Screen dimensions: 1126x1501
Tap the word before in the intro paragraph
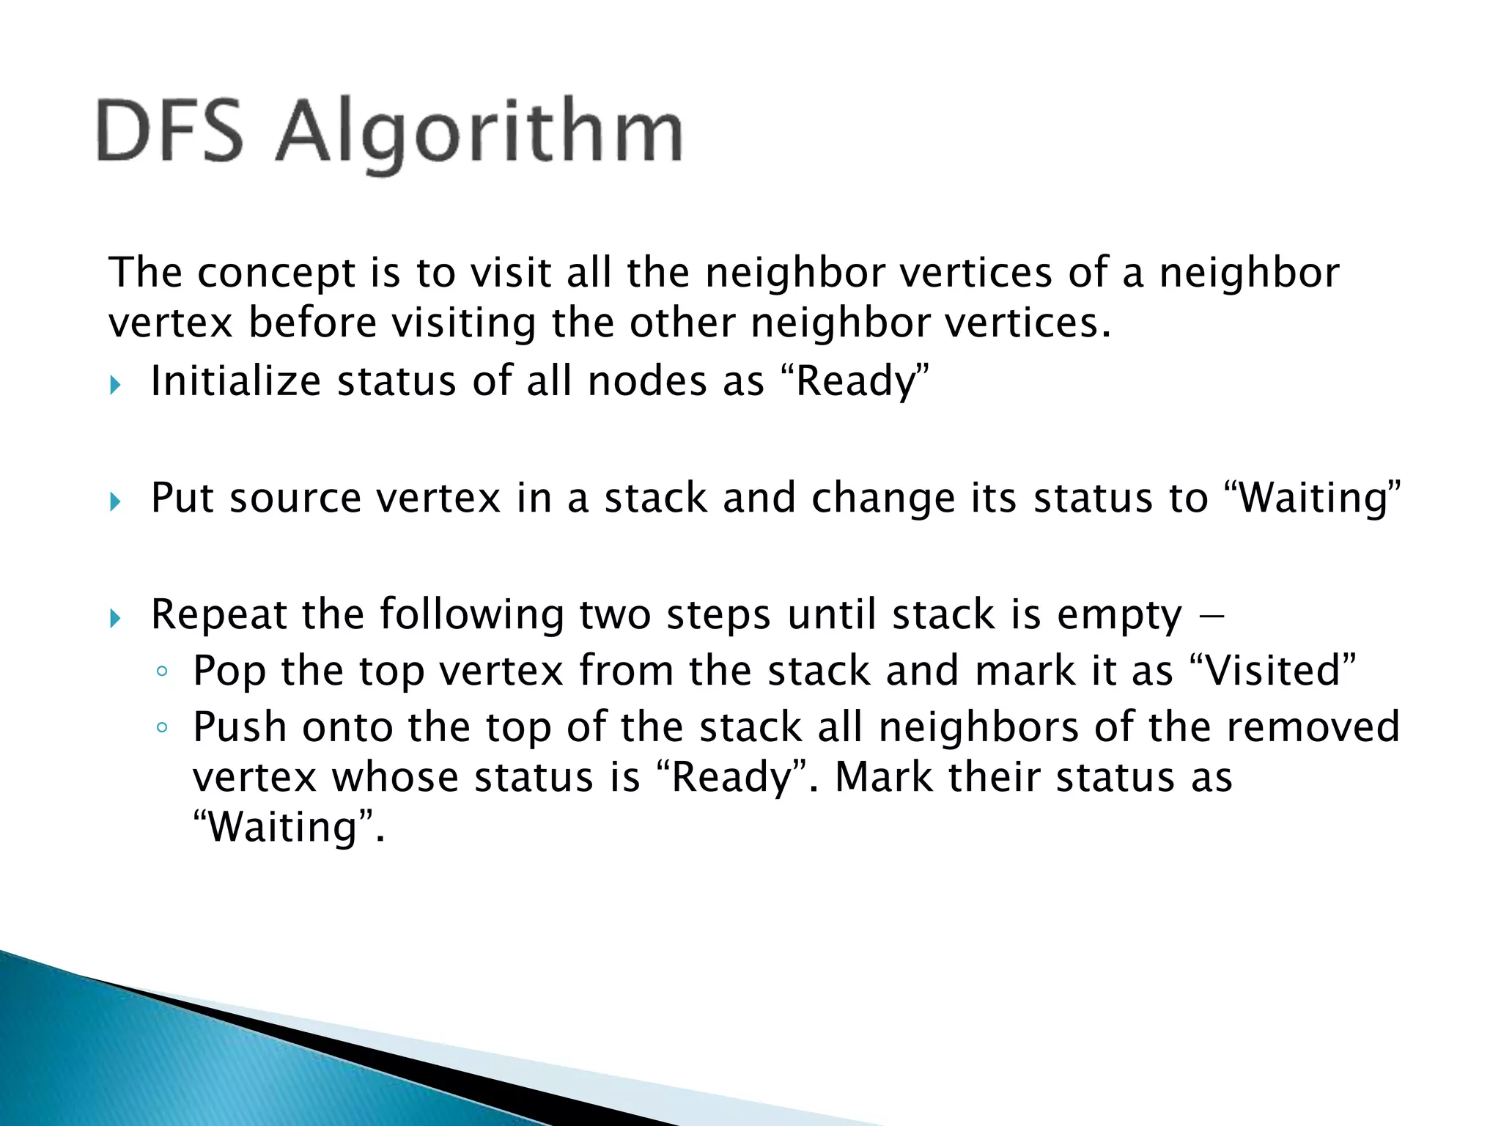[x=312, y=323]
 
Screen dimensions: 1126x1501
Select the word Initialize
[x=235, y=381]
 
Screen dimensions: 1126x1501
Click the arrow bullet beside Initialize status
[x=114, y=384]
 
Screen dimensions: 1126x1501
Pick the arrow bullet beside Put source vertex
[x=114, y=501]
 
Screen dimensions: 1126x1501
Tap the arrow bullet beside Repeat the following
[x=114, y=618]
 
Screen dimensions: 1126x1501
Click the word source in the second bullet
[x=295, y=498]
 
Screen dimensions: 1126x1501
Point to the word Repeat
[x=218, y=614]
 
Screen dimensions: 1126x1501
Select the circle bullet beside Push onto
[x=162, y=728]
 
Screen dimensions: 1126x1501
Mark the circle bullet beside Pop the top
[x=162, y=671]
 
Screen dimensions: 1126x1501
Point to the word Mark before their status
[x=883, y=777]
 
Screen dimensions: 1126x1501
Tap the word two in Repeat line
[x=615, y=614]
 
